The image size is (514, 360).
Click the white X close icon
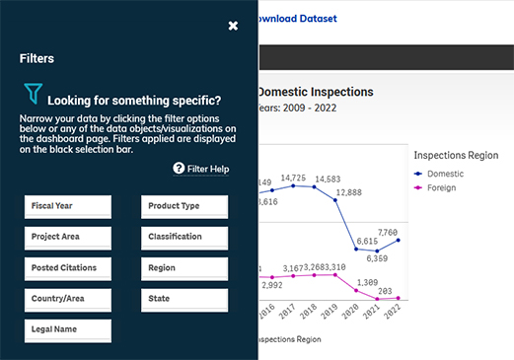point(233,26)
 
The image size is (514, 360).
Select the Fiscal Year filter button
point(68,206)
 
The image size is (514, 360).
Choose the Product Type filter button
point(186,206)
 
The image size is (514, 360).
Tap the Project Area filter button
point(68,237)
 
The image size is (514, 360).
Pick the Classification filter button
point(186,237)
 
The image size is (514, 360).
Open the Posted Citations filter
point(68,268)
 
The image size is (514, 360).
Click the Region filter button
point(186,268)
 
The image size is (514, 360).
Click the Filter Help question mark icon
point(179,169)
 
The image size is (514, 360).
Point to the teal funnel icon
point(34,95)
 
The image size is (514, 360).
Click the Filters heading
point(37,59)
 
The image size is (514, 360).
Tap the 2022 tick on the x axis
point(397,311)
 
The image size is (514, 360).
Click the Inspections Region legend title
point(456,155)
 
